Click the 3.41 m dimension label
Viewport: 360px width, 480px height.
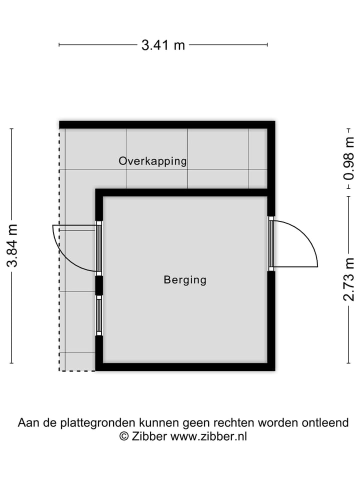pos(163,45)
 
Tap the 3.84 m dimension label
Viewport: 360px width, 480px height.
pos(12,245)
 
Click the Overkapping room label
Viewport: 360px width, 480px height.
pos(152,161)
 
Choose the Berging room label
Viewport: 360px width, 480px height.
pos(185,279)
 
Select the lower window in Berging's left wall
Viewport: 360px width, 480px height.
pos(99,315)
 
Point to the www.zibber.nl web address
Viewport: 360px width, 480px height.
pos(208,436)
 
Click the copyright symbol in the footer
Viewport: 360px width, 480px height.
pos(124,436)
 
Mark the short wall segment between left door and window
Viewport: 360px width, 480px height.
pos(99,285)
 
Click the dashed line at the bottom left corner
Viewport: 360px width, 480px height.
pos(77,370)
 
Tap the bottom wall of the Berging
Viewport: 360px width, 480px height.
pos(185,367)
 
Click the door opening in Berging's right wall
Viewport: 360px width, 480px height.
pos(271,243)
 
